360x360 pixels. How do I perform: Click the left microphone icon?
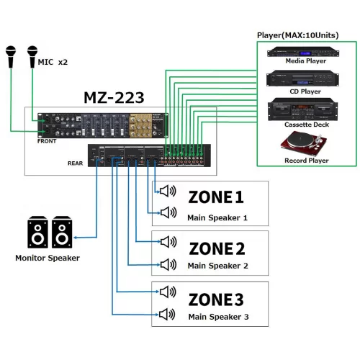(11, 56)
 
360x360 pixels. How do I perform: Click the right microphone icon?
(32, 56)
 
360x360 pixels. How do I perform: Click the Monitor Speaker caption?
(48, 258)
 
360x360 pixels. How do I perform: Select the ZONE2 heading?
(217, 248)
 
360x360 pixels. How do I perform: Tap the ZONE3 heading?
(217, 299)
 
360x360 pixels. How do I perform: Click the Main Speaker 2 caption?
(217, 266)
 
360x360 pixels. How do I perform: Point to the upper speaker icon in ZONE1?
(168, 191)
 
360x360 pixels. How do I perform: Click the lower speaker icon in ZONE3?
(168, 313)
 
